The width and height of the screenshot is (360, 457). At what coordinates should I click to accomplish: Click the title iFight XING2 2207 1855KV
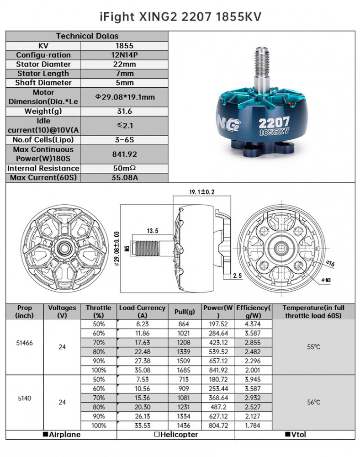point(180,16)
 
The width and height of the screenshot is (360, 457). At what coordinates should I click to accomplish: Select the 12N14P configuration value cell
point(124,55)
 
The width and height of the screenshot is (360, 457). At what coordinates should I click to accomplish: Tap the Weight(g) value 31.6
point(124,112)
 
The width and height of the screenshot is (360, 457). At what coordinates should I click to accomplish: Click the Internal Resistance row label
point(43,169)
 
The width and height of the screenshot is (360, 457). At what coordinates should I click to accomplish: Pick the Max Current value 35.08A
point(124,177)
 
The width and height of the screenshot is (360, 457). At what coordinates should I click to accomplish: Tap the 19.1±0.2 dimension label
point(201,192)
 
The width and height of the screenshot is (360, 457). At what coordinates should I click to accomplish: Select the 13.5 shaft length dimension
point(152,231)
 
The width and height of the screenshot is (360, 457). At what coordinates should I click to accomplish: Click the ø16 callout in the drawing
point(330,264)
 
